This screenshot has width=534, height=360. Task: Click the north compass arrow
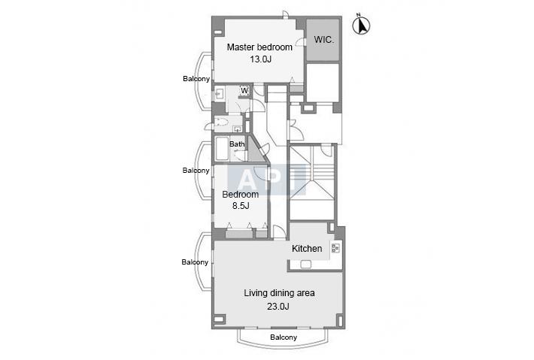coord(361,25)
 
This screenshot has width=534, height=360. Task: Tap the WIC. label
coord(324,40)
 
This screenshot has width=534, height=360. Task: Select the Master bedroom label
coord(259,47)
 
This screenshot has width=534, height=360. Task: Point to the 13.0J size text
coord(260,59)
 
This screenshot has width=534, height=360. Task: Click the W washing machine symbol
coord(244,90)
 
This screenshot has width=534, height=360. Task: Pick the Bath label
coord(237,144)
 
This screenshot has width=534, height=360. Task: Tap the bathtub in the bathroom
coord(222,148)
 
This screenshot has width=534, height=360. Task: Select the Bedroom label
coord(241,195)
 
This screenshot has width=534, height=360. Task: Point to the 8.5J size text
coord(241,205)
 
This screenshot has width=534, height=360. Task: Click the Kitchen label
coord(307,249)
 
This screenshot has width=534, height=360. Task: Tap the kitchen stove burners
coord(335,248)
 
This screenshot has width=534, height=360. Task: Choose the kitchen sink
coord(306,264)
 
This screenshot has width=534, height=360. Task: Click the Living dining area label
coord(279,293)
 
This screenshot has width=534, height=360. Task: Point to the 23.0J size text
coord(278,306)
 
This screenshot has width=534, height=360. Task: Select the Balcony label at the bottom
coord(284,337)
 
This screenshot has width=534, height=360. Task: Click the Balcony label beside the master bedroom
coord(196,79)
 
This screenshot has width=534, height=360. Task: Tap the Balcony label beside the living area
coord(195,262)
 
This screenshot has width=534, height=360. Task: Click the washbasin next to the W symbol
coord(219,93)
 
